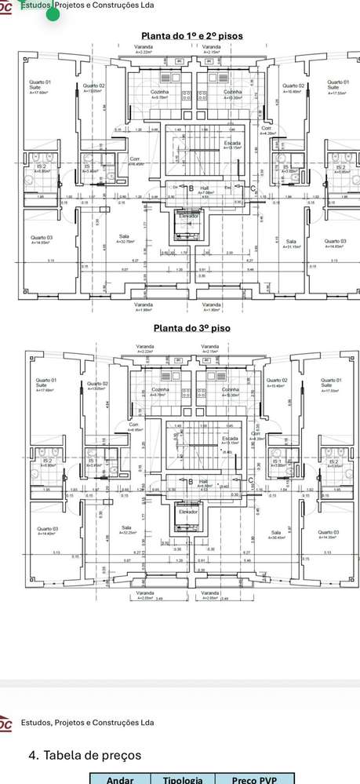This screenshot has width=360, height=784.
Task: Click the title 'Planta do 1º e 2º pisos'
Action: [191, 35]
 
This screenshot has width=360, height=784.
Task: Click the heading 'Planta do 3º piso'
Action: [191, 327]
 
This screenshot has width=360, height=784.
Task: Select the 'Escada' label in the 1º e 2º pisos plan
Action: [231, 144]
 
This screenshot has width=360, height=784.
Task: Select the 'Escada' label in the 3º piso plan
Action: [230, 438]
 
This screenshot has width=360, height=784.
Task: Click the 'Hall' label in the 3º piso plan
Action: [203, 481]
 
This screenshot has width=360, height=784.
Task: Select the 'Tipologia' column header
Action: [183, 779]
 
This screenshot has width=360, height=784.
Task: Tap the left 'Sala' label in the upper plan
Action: [124, 238]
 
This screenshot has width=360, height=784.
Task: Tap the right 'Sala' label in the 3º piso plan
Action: [277, 534]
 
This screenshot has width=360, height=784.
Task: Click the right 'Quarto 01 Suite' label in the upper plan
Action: [336, 85]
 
